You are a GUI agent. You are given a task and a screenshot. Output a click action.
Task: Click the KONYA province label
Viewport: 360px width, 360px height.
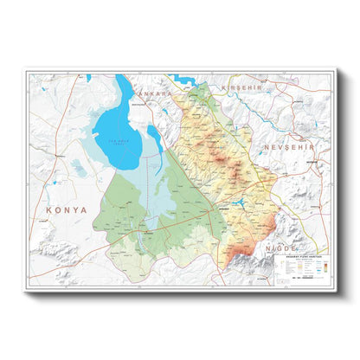pos(67,209)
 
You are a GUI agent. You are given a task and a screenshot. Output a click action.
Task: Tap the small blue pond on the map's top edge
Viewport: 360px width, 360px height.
pos(88,78)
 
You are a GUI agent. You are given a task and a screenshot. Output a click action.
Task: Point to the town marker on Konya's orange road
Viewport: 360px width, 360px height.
pos(130,232)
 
